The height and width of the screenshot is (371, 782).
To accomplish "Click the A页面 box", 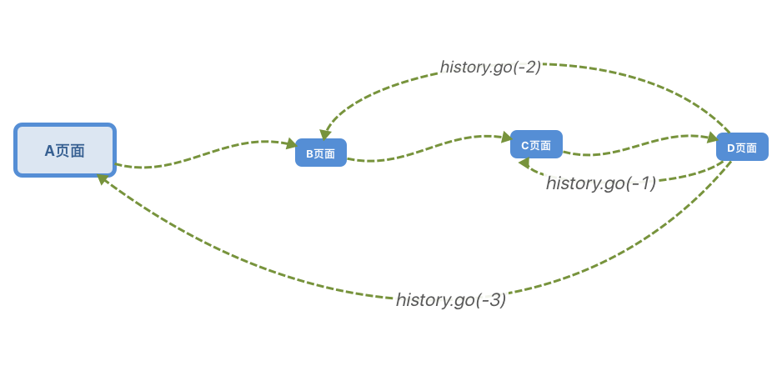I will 65,150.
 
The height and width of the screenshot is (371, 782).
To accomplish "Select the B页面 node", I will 320,153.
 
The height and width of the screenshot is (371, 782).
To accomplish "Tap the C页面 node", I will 536,144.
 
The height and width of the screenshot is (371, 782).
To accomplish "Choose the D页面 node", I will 742,148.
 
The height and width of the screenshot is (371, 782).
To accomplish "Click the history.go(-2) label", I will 491,68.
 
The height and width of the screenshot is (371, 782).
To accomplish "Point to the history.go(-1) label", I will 601,183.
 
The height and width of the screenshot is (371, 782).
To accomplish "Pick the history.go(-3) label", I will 451,300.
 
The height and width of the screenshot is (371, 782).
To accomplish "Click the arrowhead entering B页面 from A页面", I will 291,144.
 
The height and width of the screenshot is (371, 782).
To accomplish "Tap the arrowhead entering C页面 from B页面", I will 506,137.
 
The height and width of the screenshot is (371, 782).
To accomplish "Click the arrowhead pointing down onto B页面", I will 325,134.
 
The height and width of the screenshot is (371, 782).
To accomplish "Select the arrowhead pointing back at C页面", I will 524,163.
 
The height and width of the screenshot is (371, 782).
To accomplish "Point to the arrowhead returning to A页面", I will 103,178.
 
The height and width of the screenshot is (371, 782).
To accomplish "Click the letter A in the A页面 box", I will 49,151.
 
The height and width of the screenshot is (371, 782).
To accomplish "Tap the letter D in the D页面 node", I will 731,148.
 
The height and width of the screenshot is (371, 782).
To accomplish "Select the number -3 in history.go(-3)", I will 490,300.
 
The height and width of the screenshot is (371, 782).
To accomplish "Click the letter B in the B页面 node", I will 309,153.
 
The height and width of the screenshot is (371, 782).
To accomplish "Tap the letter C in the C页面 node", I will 525,145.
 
